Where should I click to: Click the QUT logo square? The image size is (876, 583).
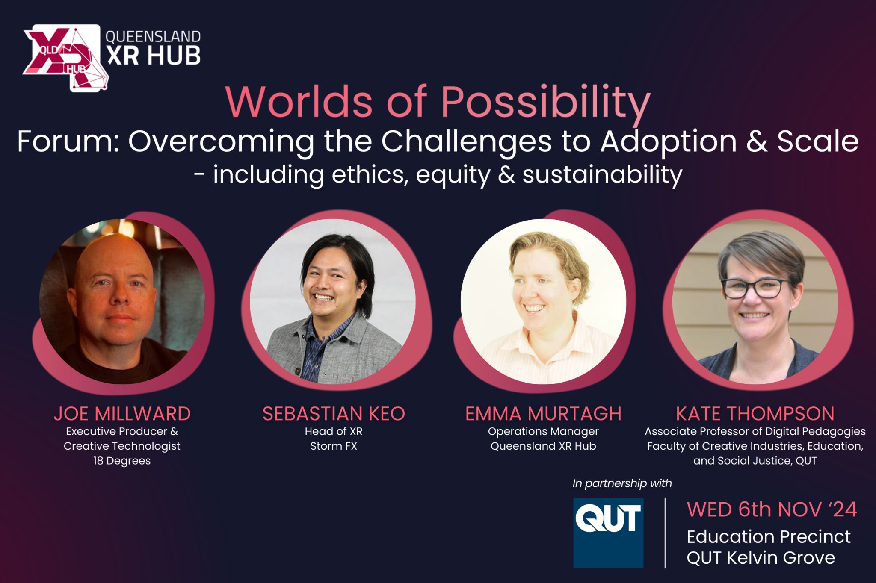[608, 533]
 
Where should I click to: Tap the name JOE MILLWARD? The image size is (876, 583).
[122, 414]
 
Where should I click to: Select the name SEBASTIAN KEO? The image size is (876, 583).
[334, 414]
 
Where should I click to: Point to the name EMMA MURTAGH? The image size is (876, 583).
[543, 414]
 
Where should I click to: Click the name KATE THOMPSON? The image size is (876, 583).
[755, 414]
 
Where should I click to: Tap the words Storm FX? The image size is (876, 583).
[334, 446]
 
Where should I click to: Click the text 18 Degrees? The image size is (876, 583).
[122, 461]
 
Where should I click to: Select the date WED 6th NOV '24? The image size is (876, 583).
[772, 509]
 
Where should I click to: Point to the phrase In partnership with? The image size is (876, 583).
[622, 483]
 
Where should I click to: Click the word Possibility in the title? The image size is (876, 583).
[545, 103]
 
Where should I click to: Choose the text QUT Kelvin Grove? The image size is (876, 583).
[761, 558]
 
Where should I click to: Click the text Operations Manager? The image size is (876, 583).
[543, 432]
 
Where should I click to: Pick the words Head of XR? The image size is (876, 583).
[334, 432]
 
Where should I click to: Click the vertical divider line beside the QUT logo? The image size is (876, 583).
[665, 533]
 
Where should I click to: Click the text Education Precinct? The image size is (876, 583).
[768, 537]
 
